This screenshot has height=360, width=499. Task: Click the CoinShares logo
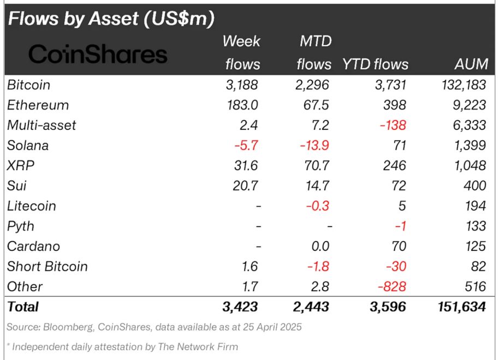point(98,54)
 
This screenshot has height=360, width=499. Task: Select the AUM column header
point(471,64)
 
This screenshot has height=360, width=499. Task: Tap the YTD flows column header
point(375,64)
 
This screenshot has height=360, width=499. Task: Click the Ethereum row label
point(38,105)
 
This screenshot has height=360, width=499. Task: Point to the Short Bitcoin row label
point(47,266)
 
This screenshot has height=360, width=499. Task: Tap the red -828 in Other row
point(391,286)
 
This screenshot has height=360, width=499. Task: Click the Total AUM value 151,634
point(461,307)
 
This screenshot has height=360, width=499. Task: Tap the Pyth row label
point(21,226)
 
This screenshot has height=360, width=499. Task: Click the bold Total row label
point(23,307)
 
